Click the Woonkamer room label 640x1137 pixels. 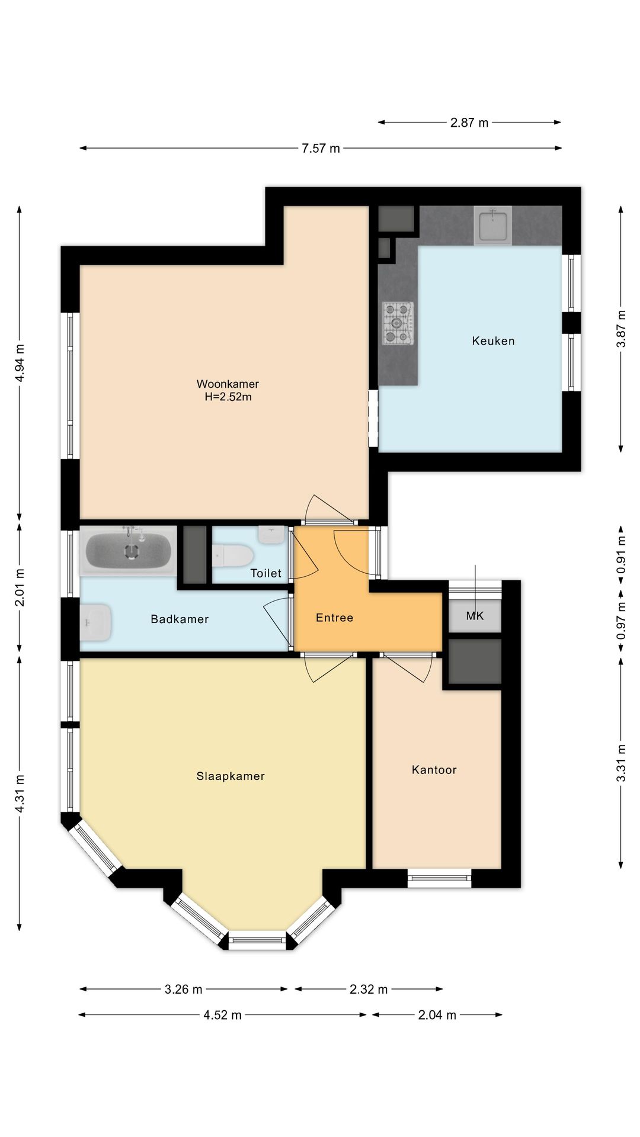tap(228, 384)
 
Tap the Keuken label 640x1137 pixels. tap(493, 341)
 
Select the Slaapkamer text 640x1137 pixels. tap(231, 776)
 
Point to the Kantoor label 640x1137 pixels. tap(434, 769)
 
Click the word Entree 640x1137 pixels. tap(334, 618)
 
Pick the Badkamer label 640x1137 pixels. tap(180, 619)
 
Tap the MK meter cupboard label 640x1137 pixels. tap(475, 616)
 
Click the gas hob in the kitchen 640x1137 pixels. tap(398, 323)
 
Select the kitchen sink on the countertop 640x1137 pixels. tap(493, 225)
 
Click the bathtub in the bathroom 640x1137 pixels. tap(129, 550)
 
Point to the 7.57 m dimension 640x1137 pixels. tap(321, 148)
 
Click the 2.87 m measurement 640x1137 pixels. tap(469, 123)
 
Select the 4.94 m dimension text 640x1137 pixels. tap(20, 363)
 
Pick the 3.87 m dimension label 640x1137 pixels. tap(621, 329)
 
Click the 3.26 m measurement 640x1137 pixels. tap(183, 989)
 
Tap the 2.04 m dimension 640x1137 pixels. tap(437, 1015)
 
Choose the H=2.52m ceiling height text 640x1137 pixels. tap(228, 397)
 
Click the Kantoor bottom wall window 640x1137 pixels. tap(439, 878)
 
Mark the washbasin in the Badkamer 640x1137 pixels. tap(95, 622)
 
